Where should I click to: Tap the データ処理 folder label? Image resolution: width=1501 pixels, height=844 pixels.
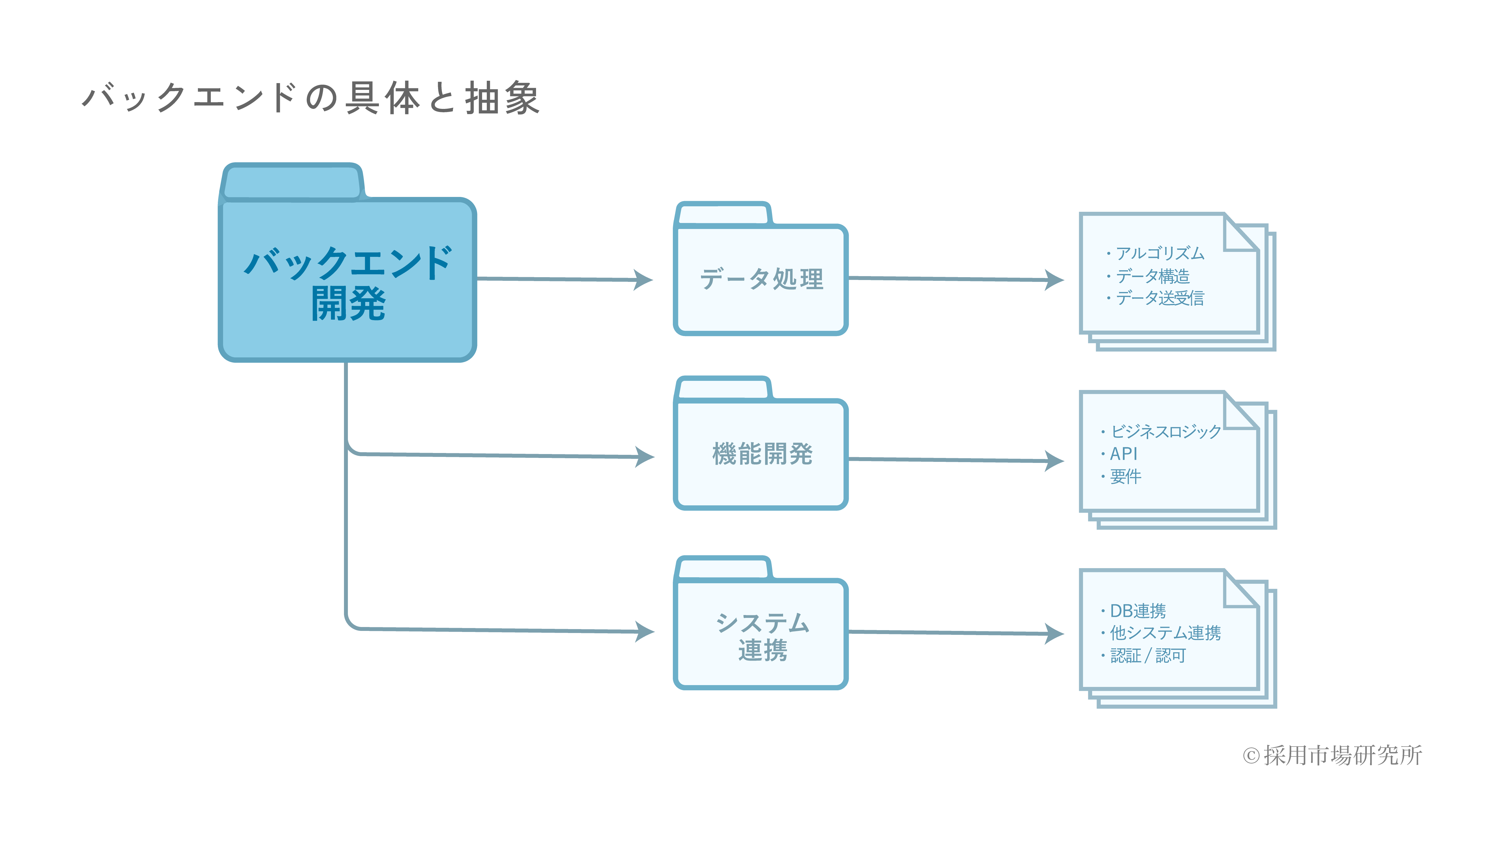(761, 279)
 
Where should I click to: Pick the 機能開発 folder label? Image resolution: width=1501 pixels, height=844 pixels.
(761, 454)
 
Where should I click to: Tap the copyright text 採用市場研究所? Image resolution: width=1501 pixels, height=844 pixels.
(1343, 755)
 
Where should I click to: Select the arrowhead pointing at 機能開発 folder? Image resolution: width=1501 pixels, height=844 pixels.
(644, 457)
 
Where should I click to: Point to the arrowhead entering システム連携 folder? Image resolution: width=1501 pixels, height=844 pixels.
(644, 631)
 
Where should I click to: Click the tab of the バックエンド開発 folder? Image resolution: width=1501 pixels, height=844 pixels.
(292, 182)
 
